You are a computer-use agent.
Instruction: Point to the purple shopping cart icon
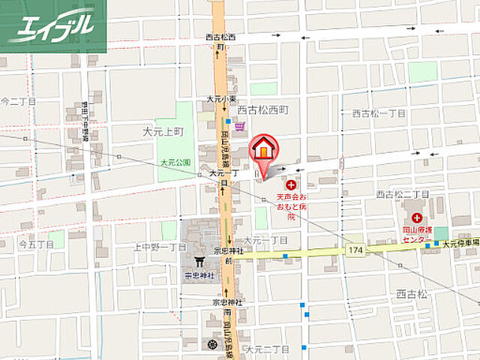click(239, 127)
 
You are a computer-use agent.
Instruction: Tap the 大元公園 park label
click(175, 161)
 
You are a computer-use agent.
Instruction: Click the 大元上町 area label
click(162, 131)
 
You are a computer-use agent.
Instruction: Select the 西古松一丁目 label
click(378, 113)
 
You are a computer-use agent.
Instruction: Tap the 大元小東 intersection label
click(221, 99)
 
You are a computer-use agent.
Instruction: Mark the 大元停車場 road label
click(460, 244)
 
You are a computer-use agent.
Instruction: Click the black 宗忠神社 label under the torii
click(199, 275)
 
